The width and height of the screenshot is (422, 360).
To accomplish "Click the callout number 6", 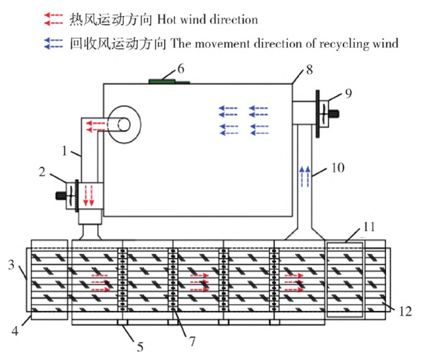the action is [x=181, y=69].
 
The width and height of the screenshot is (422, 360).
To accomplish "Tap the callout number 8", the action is [x=309, y=70].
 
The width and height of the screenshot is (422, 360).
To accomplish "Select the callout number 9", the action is [x=348, y=93].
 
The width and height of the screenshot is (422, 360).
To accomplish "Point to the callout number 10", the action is [x=338, y=168].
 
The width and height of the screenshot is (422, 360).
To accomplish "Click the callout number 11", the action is [x=369, y=227].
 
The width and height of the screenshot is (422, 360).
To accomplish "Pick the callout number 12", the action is [x=405, y=311].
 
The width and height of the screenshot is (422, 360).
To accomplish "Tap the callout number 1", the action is [x=64, y=151].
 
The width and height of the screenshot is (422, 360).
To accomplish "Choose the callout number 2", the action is [x=42, y=172].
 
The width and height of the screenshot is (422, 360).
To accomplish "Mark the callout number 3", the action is [x=11, y=265].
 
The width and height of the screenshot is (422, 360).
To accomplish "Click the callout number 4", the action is [x=15, y=331].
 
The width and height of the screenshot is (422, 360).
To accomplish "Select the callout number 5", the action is [x=140, y=347].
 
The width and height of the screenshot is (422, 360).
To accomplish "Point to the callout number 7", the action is [x=192, y=341].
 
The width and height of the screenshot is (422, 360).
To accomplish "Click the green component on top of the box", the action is [x=169, y=81].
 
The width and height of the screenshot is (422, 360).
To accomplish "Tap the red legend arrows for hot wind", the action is [x=53, y=20].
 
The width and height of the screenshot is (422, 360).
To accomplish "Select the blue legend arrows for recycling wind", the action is [x=53, y=43].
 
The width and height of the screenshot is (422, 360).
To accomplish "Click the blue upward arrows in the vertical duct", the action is [x=305, y=177].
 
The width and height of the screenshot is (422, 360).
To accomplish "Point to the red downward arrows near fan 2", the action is [x=88, y=195].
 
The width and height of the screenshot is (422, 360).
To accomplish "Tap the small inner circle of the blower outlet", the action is [x=124, y=124].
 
